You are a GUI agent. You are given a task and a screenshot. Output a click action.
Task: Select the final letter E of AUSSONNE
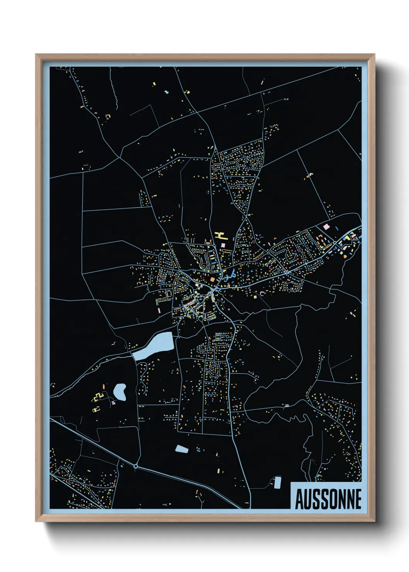[358, 499]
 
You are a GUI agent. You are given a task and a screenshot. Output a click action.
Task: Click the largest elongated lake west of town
[153, 345]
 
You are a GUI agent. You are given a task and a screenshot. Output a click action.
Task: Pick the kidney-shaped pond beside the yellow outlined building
[120, 392]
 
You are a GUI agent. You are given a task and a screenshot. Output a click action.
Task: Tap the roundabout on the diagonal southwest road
[136, 466]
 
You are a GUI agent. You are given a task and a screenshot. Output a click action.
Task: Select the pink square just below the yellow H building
[223, 244]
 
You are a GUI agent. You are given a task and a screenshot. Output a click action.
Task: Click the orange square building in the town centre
[212, 279]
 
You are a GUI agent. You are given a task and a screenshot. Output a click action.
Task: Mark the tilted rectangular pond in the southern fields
[181, 449]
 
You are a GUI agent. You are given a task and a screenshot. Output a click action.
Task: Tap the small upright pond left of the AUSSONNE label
[277, 482]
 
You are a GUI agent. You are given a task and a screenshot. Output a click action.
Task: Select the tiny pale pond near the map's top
[167, 92]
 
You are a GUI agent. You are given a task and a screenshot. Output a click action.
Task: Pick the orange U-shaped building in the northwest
[108, 116]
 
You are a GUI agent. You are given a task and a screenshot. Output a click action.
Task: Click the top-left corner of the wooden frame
[36, 54]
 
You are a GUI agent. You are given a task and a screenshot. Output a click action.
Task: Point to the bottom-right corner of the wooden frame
[374, 522]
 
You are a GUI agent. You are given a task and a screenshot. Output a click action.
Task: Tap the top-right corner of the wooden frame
[374, 54]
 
